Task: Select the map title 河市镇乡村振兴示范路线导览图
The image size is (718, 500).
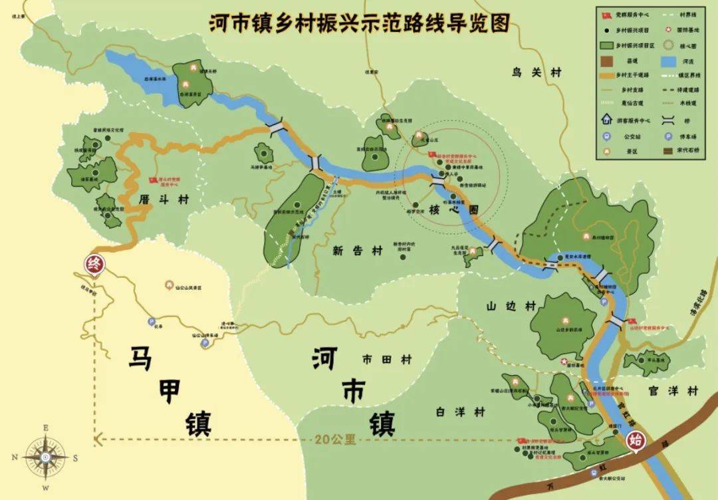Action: (x=359, y=22)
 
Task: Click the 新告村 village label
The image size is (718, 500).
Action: (x=358, y=251)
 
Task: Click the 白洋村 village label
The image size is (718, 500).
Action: (x=461, y=412)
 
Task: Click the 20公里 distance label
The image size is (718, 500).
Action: (x=336, y=439)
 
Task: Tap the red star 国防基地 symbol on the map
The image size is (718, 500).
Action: (x=565, y=362)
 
